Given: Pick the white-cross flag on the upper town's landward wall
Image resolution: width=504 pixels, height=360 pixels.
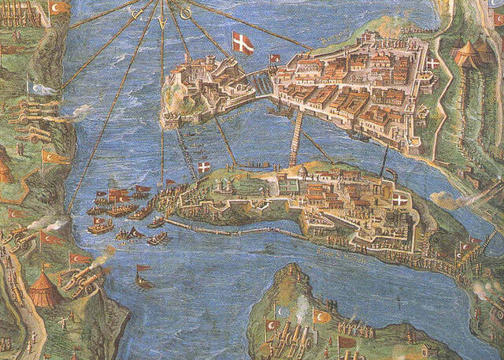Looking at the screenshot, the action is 434,62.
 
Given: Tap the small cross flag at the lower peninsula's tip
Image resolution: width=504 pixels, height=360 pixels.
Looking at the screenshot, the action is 204,168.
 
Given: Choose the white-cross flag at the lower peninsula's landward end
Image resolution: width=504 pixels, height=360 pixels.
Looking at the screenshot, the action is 400,201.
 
